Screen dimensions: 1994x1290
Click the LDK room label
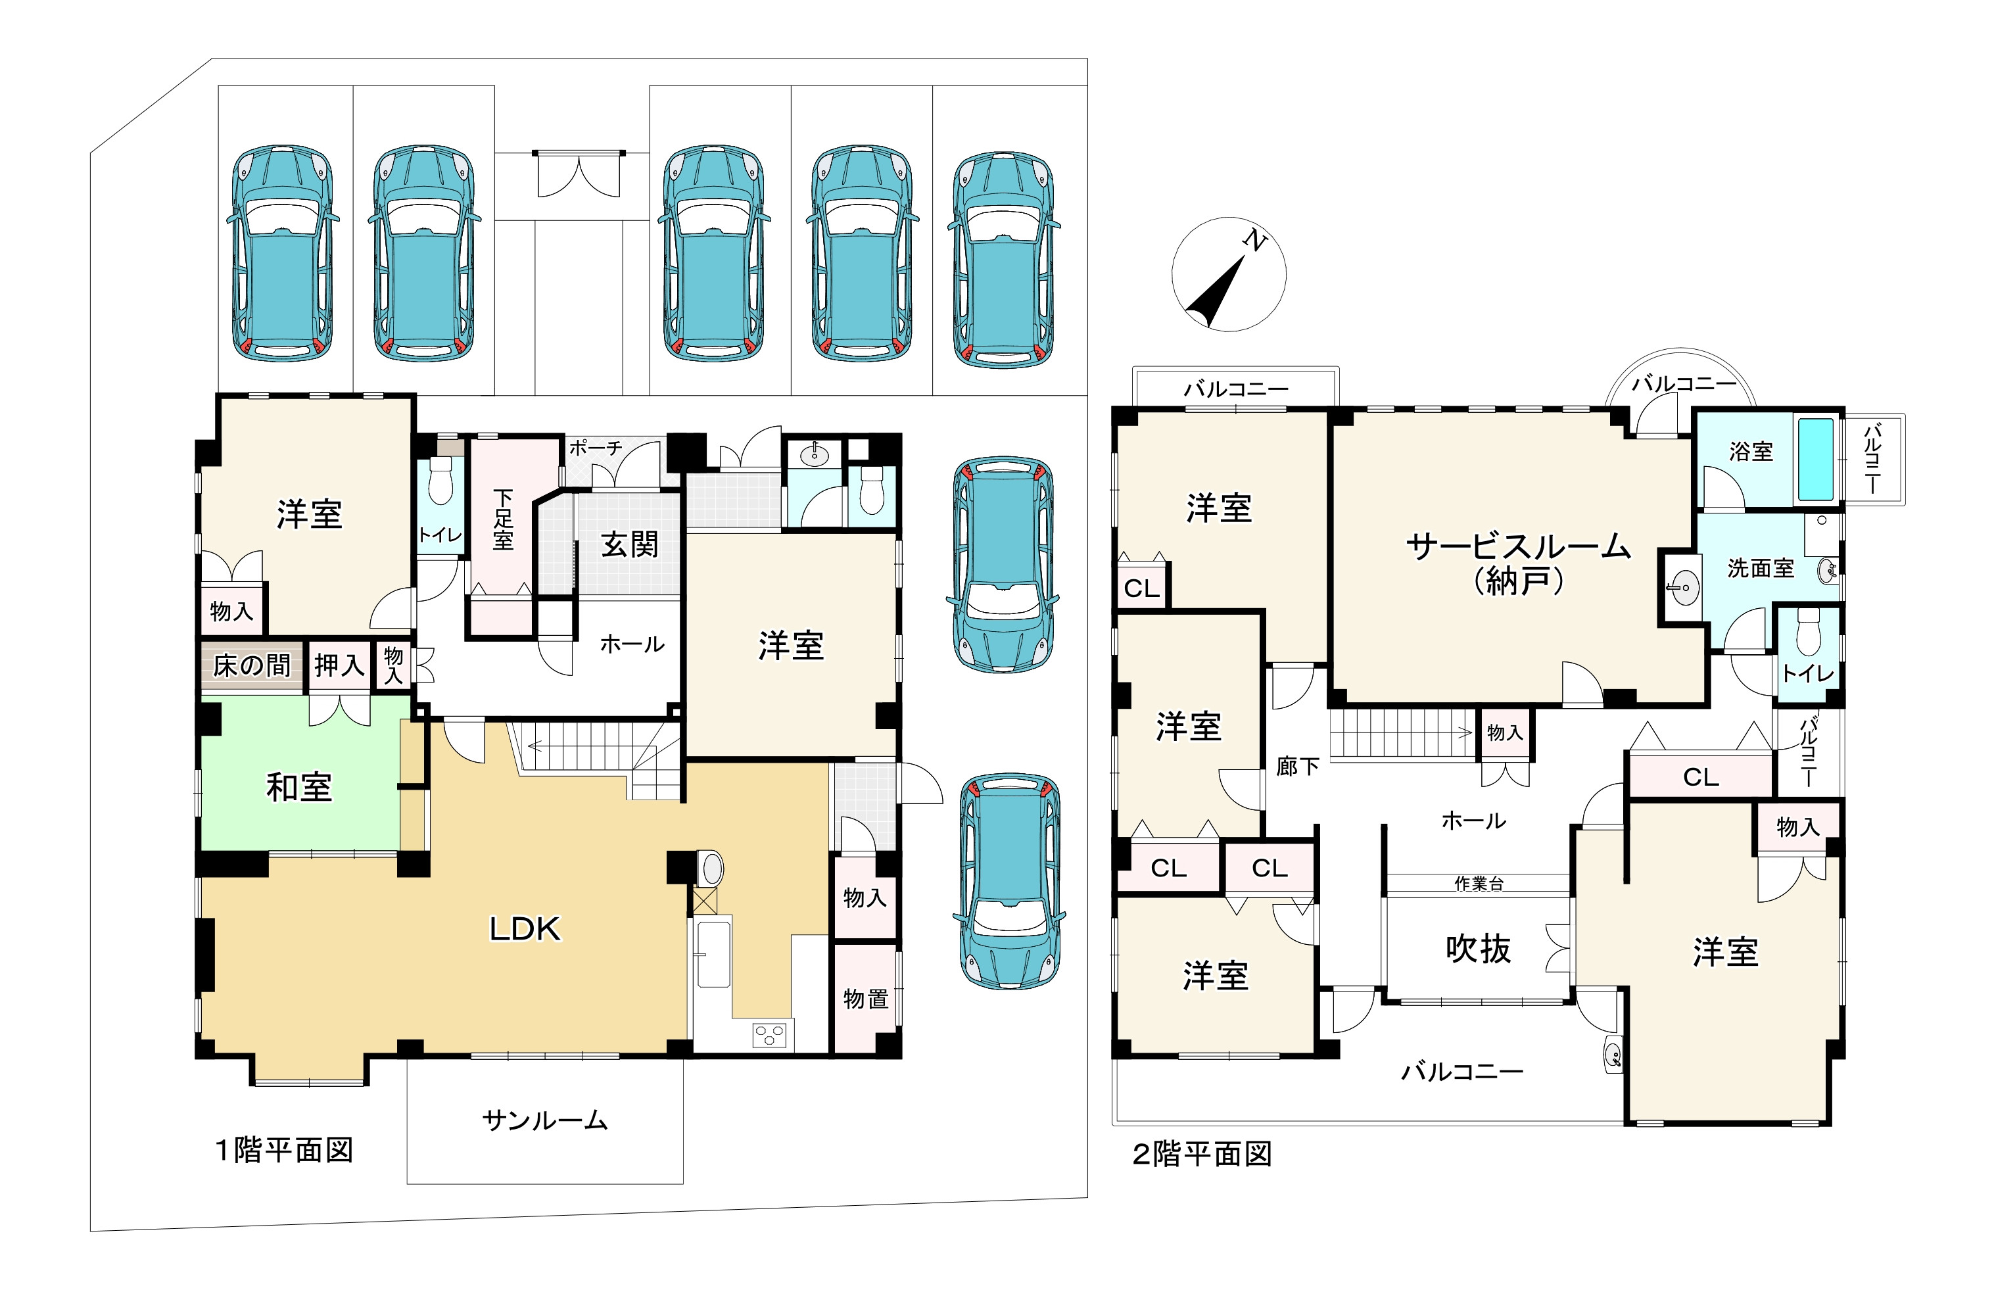524,929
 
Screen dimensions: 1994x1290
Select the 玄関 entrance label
630,544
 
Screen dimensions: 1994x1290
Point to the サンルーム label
544,1120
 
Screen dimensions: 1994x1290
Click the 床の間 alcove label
251,666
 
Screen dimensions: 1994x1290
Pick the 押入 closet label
339,666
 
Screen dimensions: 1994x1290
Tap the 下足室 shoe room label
502,519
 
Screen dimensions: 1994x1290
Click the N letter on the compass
1254,241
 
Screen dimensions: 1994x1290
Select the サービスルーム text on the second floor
1518,546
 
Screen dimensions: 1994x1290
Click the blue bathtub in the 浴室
1816,459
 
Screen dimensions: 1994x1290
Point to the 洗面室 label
1761,568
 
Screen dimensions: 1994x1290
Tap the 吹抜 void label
1478,949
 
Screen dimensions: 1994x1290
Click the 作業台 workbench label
1479,883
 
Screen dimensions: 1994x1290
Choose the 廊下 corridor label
1297,767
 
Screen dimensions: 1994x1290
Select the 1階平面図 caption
285,1150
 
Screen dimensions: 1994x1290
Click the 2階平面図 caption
1202,1155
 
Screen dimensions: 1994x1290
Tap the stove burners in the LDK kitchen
770,1036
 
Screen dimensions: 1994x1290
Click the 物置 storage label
865,999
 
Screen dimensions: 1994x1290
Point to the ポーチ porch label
596,448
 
